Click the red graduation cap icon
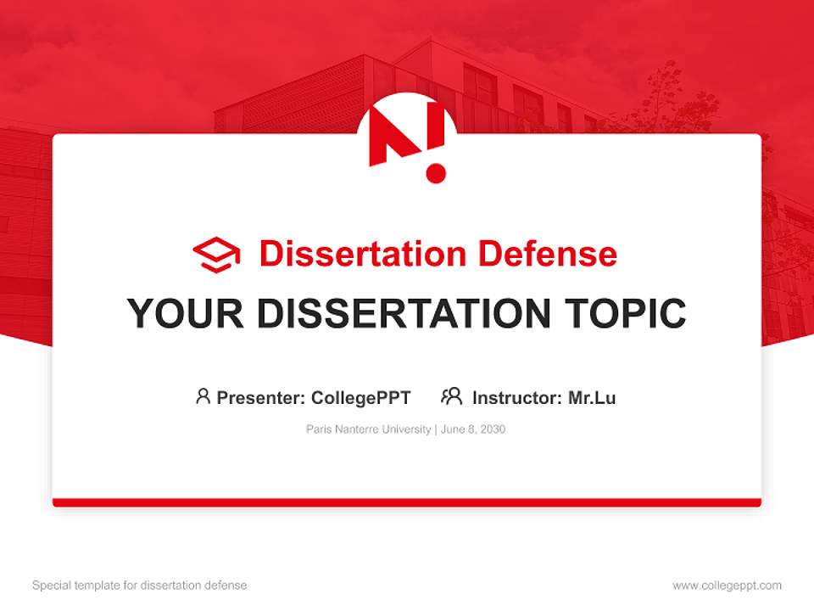pyautogui.click(x=216, y=254)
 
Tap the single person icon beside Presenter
pyautogui.click(x=203, y=396)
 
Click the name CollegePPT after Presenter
pyautogui.click(x=360, y=397)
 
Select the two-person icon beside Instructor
pyautogui.click(x=451, y=396)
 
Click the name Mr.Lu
pyautogui.click(x=592, y=397)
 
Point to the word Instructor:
pyautogui.click(x=516, y=397)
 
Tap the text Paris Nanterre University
pyautogui.click(x=368, y=429)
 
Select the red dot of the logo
pyautogui.click(x=436, y=172)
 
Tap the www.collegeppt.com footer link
pyautogui.click(x=727, y=586)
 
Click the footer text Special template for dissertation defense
pyautogui.click(x=139, y=586)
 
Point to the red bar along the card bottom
pyautogui.click(x=407, y=502)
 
